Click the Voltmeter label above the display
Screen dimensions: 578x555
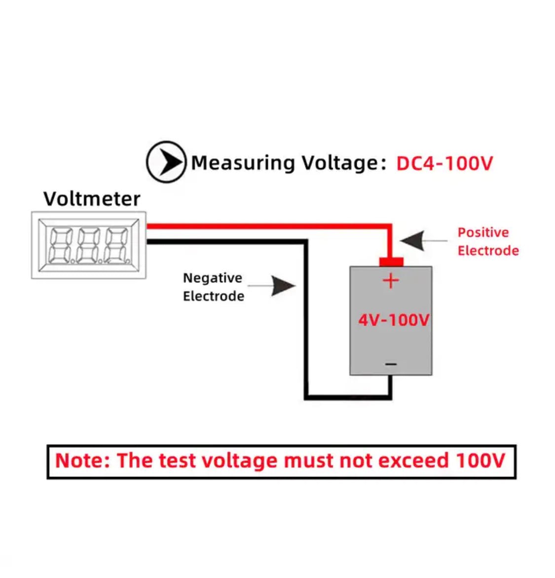click(92, 199)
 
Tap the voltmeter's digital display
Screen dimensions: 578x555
click(89, 245)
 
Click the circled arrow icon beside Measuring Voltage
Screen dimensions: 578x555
click(166, 162)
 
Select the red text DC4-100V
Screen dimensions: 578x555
click(444, 163)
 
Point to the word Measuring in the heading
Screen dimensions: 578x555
click(243, 163)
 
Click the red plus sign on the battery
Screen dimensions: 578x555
click(391, 281)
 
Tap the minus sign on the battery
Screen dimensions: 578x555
click(391, 364)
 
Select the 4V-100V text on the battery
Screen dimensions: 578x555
click(394, 320)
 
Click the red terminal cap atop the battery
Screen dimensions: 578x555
click(391, 261)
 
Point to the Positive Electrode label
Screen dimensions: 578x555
click(487, 242)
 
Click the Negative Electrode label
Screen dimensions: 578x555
click(213, 287)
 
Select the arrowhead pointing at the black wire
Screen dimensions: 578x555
click(283, 286)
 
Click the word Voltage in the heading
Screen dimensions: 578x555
click(340, 163)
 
